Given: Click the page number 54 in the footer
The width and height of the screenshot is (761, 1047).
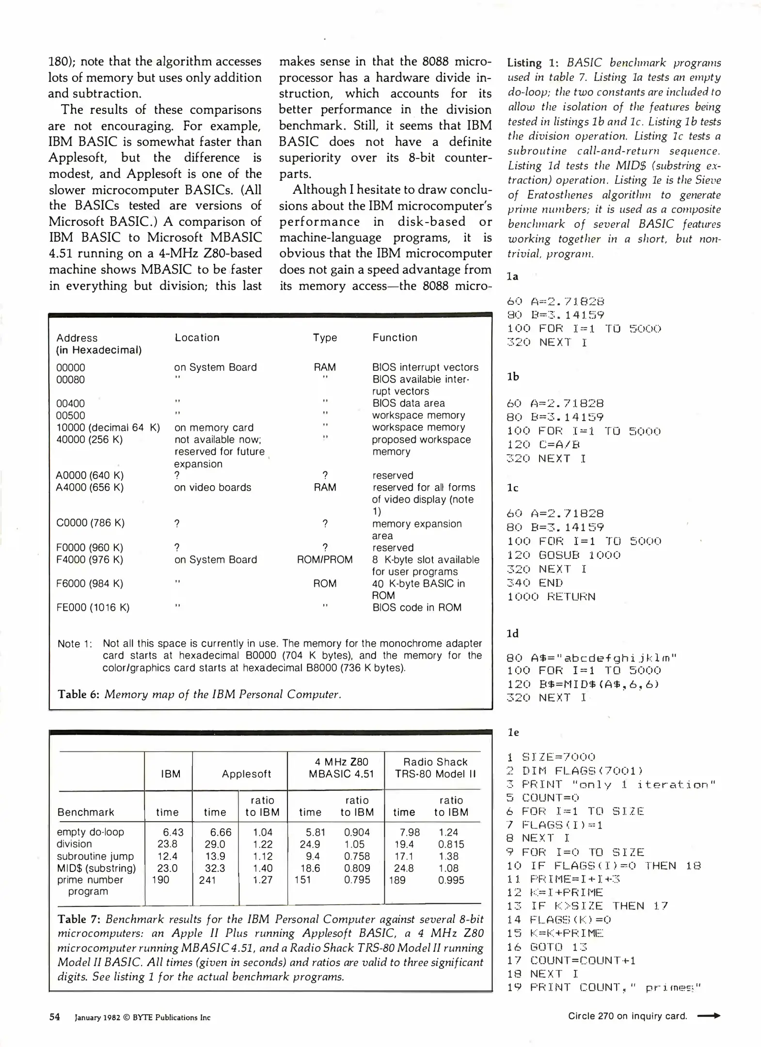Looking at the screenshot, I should pyautogui.click(x=54, y=1017).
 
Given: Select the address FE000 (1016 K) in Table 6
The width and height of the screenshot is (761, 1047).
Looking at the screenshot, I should pyautogui.click(x=93, y=607).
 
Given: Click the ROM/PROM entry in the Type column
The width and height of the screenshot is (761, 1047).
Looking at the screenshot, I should pyautogui.click(x=324, y=559).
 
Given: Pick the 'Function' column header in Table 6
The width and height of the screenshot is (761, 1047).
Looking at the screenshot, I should pyautogui.click(x=395, y=337).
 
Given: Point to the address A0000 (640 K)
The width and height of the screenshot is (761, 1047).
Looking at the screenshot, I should pyautogui.click(x=90, y=475).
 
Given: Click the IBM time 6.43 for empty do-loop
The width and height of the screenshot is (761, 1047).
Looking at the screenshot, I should pyautogui.click(x=173, y=832).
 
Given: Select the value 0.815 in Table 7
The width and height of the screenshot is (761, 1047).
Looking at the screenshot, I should pyautogui.click(x=451, y=844).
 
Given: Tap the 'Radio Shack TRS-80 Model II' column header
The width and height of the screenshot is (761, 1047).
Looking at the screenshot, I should pyautogui.click(x=435, y=768).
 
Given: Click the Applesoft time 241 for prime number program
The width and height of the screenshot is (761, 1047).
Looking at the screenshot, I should pyautogui.click(x=207, y=880).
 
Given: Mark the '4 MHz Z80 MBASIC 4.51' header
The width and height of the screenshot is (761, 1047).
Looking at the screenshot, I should pyautogui.click(x=341, y=768).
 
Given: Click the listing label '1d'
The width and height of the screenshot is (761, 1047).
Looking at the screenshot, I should pyautogui.click(x=512, y=634).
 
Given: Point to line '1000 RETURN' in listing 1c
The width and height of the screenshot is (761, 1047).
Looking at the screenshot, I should pyautogui.click(x=551, y=597).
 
